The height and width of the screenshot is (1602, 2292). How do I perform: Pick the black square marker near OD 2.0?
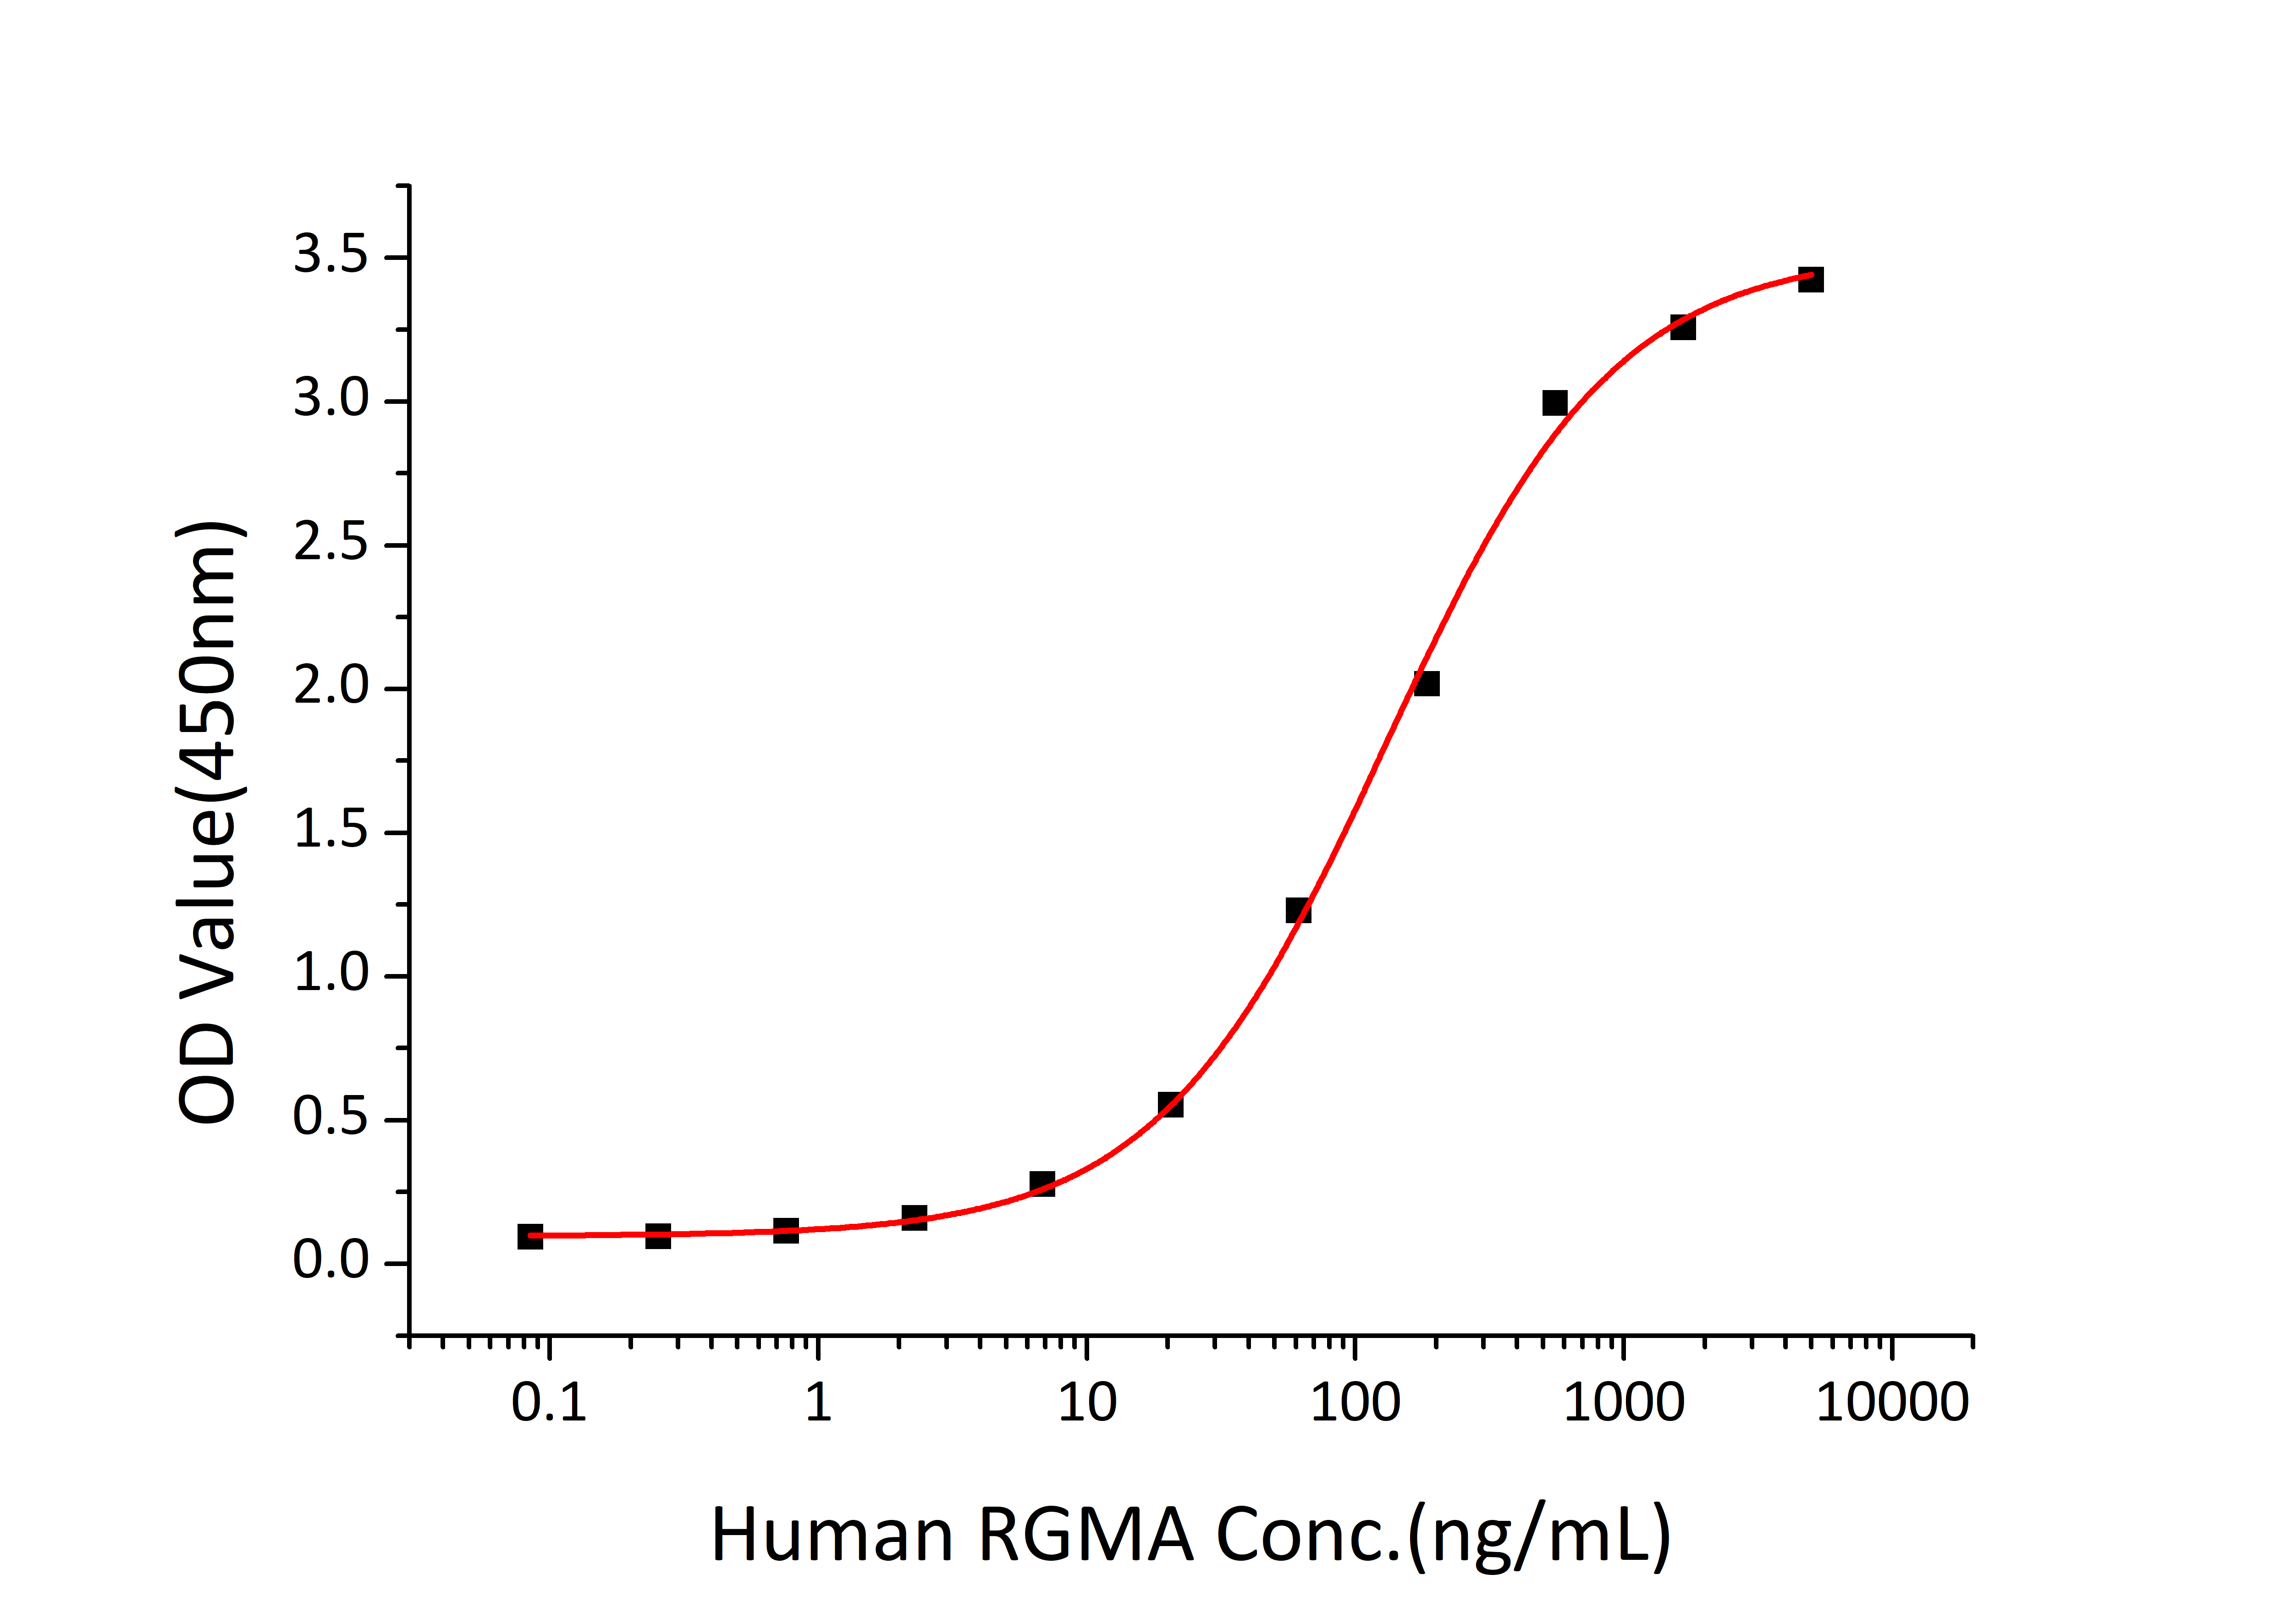1427,684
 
